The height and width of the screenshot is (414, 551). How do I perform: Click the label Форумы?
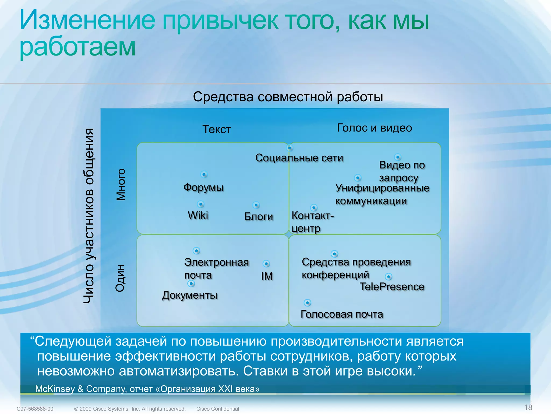(203, 187)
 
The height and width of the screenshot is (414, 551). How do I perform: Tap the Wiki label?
(198, 215)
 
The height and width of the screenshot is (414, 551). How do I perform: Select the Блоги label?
(258, 216)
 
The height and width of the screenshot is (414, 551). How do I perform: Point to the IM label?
(267, 276)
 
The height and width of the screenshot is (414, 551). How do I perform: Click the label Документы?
(190, 295)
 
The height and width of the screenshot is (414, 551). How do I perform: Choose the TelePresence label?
(392, 287)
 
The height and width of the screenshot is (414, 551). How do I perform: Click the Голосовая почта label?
(342, 314)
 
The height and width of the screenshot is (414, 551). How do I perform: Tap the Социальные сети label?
(299, 158)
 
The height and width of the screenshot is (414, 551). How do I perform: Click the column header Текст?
(217, 129)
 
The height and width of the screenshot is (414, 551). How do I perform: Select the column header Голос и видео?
(375, 128)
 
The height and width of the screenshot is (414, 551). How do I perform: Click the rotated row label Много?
(121, 185)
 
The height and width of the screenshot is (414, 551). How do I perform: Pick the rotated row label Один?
(120, 278)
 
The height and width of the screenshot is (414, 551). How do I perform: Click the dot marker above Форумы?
(204, 174)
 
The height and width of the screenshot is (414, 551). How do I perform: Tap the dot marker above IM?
(266, 264)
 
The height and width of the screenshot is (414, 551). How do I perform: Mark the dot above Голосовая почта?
(307, 303)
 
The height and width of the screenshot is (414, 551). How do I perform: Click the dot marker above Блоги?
(256, 205)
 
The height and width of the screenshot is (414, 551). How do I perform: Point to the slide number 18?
(528, 407)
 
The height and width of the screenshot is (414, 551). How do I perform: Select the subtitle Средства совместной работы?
(288, 97)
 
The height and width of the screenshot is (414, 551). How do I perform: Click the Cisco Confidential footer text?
(217, 409)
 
